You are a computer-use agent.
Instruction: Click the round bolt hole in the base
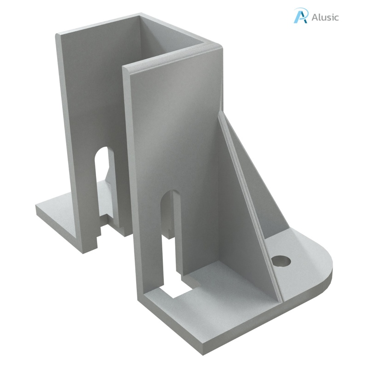tap(281, 261)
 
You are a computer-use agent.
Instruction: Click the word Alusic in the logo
tap(325, 17)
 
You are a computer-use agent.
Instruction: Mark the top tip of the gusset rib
tap(220, 115)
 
